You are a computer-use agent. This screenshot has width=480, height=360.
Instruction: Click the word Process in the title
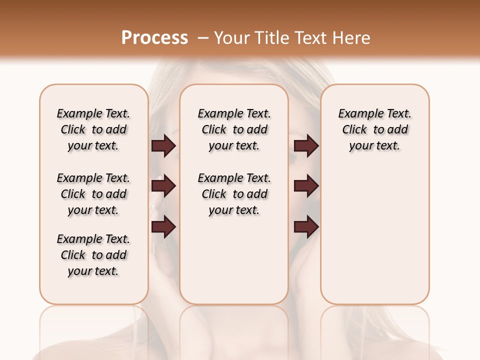pos(154,37)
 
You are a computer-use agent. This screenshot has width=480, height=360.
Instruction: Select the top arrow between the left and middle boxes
pos(164,146)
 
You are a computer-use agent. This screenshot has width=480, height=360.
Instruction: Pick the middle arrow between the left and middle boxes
pos(164,186)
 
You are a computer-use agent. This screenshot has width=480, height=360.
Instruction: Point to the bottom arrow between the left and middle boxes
pos(164,227)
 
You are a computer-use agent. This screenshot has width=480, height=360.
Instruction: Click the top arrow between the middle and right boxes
pos(306,146)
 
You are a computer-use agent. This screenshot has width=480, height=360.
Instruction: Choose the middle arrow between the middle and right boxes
pos(306,186)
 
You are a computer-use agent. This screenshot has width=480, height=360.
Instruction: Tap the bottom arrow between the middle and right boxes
pos(306,227)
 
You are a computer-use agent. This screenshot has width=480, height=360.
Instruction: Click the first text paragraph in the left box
pos(93,129)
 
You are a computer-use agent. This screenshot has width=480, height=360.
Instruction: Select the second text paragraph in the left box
pos(93,194)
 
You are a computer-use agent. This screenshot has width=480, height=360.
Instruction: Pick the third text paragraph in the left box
pos(93,255)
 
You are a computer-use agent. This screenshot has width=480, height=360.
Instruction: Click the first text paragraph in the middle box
pos(234,129)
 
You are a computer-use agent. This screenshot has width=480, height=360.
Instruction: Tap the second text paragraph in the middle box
pos(234,194)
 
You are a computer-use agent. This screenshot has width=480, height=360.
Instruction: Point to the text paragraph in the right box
pos(374,129)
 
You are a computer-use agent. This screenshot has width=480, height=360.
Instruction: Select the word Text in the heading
pos(311,37)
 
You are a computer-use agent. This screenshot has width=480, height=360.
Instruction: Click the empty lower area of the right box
pos(374,235)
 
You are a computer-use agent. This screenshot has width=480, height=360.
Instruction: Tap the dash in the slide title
pos(203,38)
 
